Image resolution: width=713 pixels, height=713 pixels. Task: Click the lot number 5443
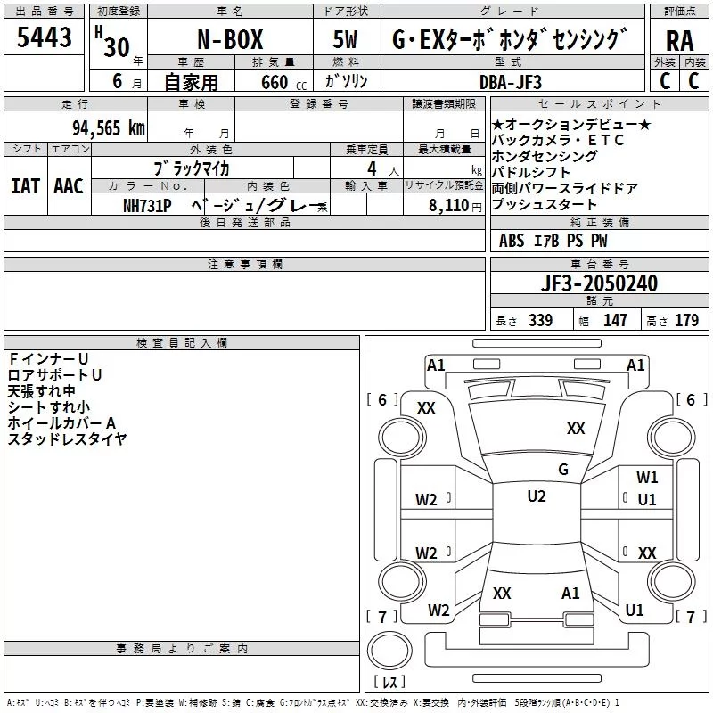(x=44, y=37)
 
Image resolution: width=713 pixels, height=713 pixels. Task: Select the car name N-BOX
(x=230, y=39)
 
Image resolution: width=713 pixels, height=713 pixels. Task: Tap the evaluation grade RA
(x=680, y=41)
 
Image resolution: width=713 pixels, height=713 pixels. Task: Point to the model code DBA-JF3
(x=511, y=82)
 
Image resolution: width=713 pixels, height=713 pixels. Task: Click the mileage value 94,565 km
(x=109, y=128)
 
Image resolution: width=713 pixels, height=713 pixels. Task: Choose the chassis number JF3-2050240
(x=599, y=283)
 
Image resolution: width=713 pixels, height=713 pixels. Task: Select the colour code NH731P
(x=147, y=206)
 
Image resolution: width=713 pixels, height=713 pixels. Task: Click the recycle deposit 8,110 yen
(x=455, y=206)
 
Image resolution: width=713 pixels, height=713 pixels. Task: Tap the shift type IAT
(x=26, y=186)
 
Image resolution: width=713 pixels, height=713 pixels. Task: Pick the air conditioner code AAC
(x=69, y=186)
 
